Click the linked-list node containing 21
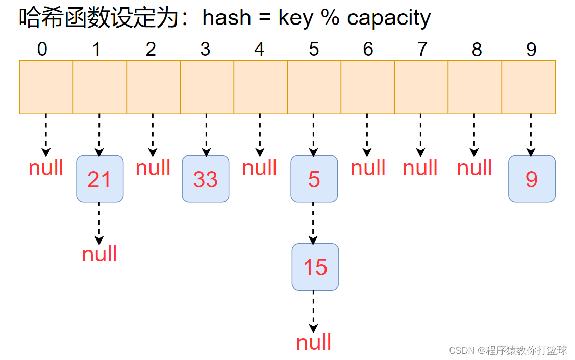point(100,179)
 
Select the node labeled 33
point(205,179)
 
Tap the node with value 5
point(314,179)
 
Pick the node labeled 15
point(315,267)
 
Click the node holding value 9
point(532,179)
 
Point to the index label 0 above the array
point(42,49)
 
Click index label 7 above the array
point(422,49)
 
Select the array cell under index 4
point(260,87)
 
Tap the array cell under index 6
point(367,87)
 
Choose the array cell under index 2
point(153,87)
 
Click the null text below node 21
point(99,254)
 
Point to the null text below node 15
point(314,343)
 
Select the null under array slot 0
point(46,167)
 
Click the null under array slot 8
point(474,167)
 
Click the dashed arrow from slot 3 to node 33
point(206,135)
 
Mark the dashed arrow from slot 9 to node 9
point(531,135)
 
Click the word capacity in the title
point(389,18)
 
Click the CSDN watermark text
point(508,350)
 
